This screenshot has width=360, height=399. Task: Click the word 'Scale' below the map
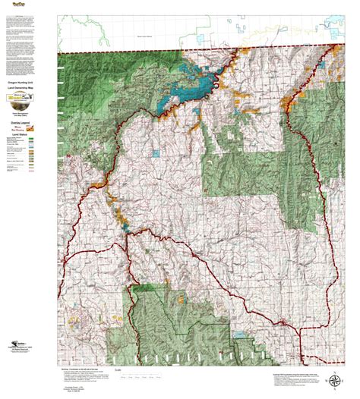pyautogui.click(x=118, y=371)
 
